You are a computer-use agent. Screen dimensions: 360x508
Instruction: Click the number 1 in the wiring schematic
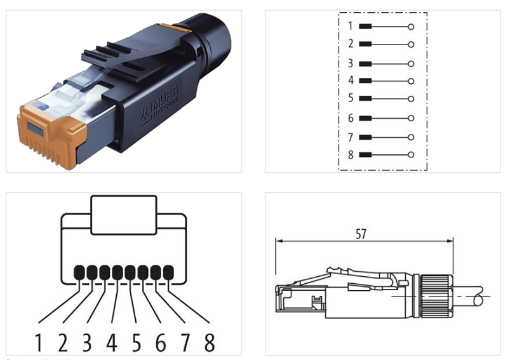[x=350, y=27]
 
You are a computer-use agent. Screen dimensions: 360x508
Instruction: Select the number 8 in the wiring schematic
[x=350, y=154]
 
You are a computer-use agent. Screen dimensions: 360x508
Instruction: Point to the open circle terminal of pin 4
[x=411, y=81]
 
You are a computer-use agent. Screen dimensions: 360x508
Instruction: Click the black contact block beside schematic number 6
[x=365, y=119]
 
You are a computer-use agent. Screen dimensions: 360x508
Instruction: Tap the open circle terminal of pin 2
[x=411, y=44]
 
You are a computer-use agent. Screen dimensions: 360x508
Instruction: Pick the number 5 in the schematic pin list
[x=350, y=99]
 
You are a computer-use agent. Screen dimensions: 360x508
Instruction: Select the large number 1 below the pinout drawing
[x=38, y=343]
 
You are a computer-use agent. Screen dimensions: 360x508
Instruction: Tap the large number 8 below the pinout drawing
[x=209, y=343]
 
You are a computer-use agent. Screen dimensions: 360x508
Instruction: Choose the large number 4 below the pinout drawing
[x=112, y=343]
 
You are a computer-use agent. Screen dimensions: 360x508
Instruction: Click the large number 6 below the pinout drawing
[x=160, y=343]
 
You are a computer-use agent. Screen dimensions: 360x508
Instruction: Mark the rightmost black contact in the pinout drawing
[x=168, y=272]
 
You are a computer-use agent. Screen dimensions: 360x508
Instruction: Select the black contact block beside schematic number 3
[x=365, y=64]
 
